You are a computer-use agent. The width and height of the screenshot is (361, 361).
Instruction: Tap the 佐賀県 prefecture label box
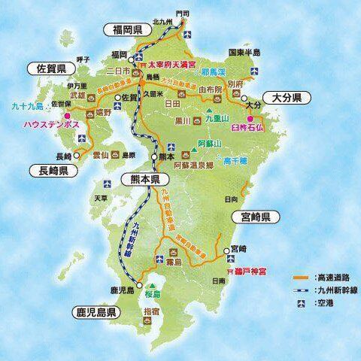[x=53, y=68]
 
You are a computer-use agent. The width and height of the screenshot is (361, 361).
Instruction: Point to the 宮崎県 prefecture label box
[x=255, y=217]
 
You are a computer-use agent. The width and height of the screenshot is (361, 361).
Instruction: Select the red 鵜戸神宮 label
[x=244, y=269]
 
